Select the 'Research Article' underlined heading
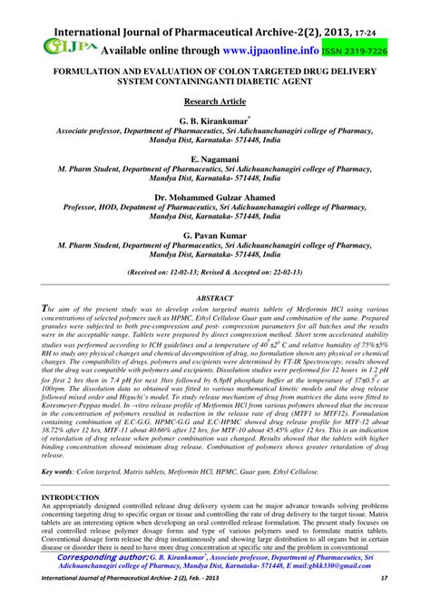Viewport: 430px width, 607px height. (214, 102)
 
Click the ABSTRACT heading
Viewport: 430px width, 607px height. (214, 296)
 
